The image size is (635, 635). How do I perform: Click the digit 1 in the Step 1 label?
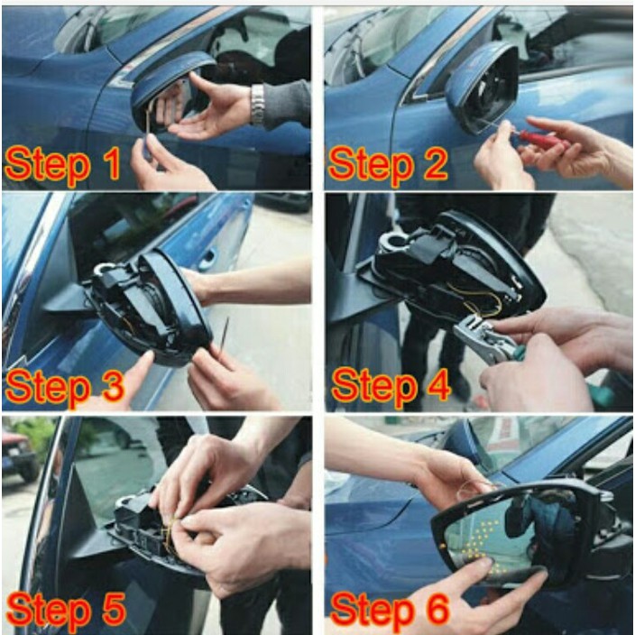coord(111,163)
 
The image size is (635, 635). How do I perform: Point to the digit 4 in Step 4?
coord(436,386)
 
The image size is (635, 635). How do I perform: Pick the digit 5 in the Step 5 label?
coord(111,609)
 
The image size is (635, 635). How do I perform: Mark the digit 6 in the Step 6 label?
coord(436,609)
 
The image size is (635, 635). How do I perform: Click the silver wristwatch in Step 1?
coord(257,105)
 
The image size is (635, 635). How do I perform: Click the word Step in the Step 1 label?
coord(48,165)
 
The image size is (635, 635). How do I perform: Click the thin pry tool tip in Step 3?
coord(227,320)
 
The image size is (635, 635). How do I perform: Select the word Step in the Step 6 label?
coord(373,611)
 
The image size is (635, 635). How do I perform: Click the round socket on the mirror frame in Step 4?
coord(394,242)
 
